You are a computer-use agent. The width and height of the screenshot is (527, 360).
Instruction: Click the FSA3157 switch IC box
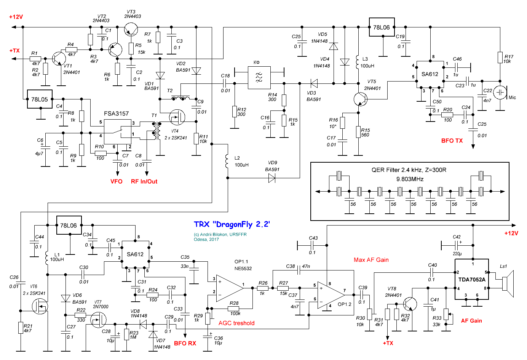pos(118,132)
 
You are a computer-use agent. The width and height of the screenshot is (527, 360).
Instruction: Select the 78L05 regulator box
pos(40,99)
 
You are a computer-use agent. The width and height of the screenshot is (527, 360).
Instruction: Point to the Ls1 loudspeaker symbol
pos(508,284)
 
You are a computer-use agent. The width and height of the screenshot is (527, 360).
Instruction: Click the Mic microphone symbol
pos(500,93)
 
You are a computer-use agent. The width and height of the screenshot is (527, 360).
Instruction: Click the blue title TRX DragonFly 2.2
pos(232,224)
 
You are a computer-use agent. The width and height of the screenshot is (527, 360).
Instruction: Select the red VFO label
pos(116,181)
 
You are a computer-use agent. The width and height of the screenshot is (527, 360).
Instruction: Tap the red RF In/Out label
pos(144,181)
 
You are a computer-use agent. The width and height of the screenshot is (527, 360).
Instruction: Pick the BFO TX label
pos(452,141)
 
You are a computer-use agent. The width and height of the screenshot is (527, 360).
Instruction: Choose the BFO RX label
pos(185,343)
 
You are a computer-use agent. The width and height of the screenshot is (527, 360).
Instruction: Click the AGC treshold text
pos(236,323)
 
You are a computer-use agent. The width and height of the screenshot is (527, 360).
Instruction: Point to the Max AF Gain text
pos(371,260)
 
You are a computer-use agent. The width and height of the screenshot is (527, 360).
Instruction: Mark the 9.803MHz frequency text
pos(410,179)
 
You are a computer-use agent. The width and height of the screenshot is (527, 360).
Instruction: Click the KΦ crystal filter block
pos(259,78)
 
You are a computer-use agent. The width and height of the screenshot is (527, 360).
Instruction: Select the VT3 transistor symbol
pos(131,30)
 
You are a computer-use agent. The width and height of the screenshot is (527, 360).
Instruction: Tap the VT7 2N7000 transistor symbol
pos(98,320)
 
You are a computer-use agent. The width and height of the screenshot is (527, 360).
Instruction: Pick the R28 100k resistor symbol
pos(233,308)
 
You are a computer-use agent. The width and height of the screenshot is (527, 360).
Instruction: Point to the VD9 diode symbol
pos(272,178)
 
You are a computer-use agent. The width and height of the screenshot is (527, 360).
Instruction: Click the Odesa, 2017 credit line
pos(206,240)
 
